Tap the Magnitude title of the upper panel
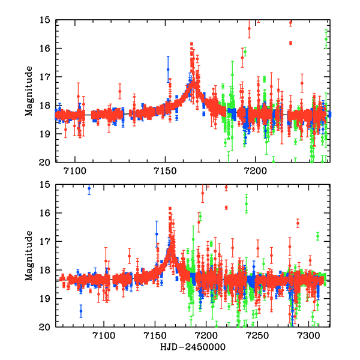coord(28,91)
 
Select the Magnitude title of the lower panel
coord(28,256)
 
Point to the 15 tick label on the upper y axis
coord(44,20)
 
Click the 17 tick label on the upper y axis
coord(44,77)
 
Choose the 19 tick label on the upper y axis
coord(44,134)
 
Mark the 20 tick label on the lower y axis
coord(44,327)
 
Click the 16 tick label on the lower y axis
coord(44,213)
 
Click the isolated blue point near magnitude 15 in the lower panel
coord(89,188)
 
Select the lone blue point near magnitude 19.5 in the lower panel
coord(80,311)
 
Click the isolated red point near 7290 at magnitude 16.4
coord(298,223)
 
